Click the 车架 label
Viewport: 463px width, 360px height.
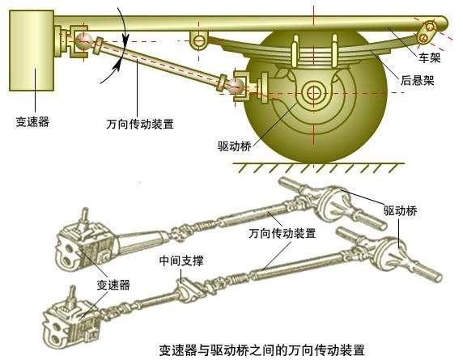coord(429,57)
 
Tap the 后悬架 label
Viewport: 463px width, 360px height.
coord(417,80)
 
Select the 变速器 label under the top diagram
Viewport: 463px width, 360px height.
coord(32,121)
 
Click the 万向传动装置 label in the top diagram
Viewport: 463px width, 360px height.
coord(140,124)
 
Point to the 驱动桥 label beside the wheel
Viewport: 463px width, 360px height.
coord(235,146)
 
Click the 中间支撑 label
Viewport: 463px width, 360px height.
coord(181,260)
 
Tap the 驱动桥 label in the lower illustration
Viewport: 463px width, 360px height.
coord(400,210)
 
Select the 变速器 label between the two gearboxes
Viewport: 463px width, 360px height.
coord(113,285)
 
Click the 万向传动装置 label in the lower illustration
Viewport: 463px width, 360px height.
coord(282,233)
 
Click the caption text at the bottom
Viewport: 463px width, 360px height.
coord(262,350)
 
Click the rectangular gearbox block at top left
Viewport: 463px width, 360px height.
coord(32,50)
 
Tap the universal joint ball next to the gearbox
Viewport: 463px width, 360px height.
coord(82,40)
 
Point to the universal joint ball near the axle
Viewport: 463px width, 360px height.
coord(236,87)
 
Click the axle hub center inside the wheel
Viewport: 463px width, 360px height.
coord(313,93)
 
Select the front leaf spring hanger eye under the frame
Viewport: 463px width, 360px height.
coord(199,40)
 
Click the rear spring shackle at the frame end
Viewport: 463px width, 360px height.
coord(427,32)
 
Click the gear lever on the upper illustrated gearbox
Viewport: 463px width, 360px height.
coord(84,219)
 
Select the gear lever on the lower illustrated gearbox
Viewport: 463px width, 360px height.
coord(71,297)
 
